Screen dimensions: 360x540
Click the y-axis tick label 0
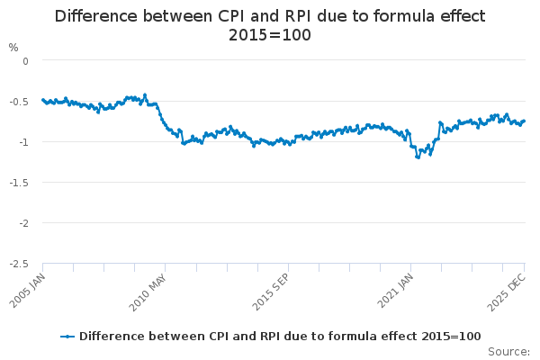click(x=26, y=61)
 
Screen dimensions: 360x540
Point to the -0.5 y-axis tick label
click(x=20, y=102)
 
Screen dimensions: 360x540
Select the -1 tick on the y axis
click(x=24, y=142)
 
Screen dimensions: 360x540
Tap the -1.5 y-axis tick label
click(x=20, y=183)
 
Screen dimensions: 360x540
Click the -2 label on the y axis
click(x=24, y=223)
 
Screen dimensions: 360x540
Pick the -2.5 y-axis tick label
click(x=20, y=264)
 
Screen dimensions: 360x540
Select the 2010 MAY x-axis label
click(x=148, y=287)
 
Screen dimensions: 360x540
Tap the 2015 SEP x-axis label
click(x=271, y=287)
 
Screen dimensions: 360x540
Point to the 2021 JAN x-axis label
click(x=394, y=287)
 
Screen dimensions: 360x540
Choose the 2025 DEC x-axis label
click(x=509, y=287)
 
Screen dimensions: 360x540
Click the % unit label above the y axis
click(x=13, y=47)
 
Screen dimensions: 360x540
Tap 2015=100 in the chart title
click(x=270, y=36)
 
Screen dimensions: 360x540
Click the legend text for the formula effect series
click(x=280, y=337)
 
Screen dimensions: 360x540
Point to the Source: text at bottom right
click(x=508, y=351)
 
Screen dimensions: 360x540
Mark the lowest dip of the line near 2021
click(x=418, y=157)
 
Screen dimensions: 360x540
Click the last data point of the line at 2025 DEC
click(x=524, y=121)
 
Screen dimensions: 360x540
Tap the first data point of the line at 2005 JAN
click(x=43, y=100)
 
